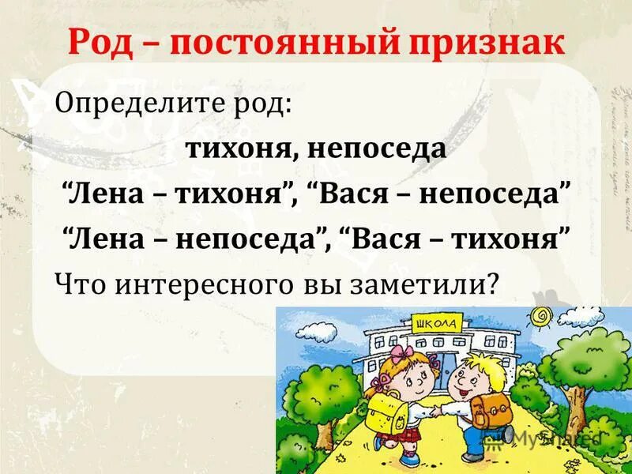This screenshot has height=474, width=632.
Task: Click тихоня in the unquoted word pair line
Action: point(238,149)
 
